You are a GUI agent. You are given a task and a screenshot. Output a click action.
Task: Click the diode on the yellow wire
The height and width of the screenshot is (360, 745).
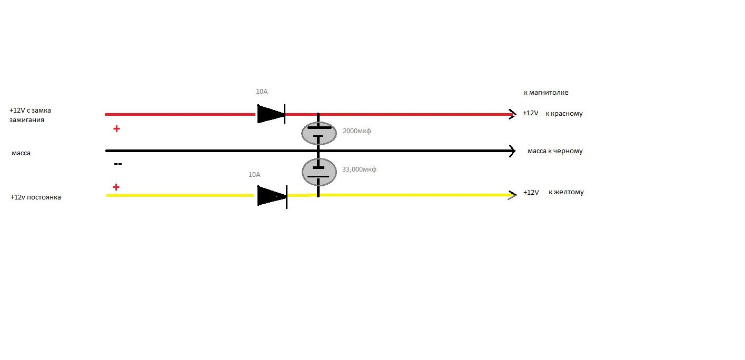[272, 196]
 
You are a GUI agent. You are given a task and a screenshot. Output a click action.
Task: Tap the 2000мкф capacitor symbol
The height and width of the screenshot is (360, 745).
[319, 134]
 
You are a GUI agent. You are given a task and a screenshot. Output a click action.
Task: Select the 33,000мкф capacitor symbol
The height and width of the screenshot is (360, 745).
[319, 172]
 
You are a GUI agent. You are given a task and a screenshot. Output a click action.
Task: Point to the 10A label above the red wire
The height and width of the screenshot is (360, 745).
[262, 92]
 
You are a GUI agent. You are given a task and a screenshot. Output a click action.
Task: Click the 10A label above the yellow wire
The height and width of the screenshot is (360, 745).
[254, 174]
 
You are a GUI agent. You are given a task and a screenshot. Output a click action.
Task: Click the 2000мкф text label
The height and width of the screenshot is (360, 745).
[356, 131]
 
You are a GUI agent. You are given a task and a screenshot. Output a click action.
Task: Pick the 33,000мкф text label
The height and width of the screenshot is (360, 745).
[359, 169]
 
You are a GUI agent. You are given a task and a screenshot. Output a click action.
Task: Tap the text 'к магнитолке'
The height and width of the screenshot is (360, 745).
[545, 93]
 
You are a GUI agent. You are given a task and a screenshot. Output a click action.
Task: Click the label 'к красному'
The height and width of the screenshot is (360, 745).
[564, 114]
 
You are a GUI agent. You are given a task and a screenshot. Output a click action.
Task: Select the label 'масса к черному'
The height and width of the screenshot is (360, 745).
[555, 151]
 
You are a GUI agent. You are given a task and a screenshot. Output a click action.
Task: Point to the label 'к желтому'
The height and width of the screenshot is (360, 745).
[566, 192]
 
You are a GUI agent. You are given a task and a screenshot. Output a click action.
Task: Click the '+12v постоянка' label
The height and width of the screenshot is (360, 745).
[35, 197]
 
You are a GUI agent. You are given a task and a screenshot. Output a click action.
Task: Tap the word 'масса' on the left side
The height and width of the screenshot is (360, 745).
[22, 153]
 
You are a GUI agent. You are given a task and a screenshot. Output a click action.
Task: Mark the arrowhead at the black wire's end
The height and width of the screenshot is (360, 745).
[512, 152]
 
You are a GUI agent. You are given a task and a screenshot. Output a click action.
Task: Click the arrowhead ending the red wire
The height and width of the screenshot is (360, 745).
[512, 114]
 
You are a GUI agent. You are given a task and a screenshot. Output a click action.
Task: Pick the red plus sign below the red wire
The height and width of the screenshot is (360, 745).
[116, 128]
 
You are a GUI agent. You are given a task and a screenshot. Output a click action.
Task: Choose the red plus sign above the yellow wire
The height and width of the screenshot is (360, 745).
[116, 187]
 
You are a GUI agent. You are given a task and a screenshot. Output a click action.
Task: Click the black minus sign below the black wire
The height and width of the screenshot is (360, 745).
[118, 164]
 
